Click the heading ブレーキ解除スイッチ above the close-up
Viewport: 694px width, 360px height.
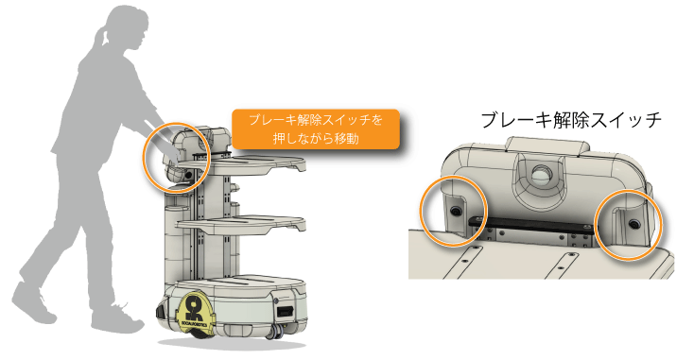point(570,120)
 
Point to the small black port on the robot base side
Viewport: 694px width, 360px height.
point(284,311)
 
